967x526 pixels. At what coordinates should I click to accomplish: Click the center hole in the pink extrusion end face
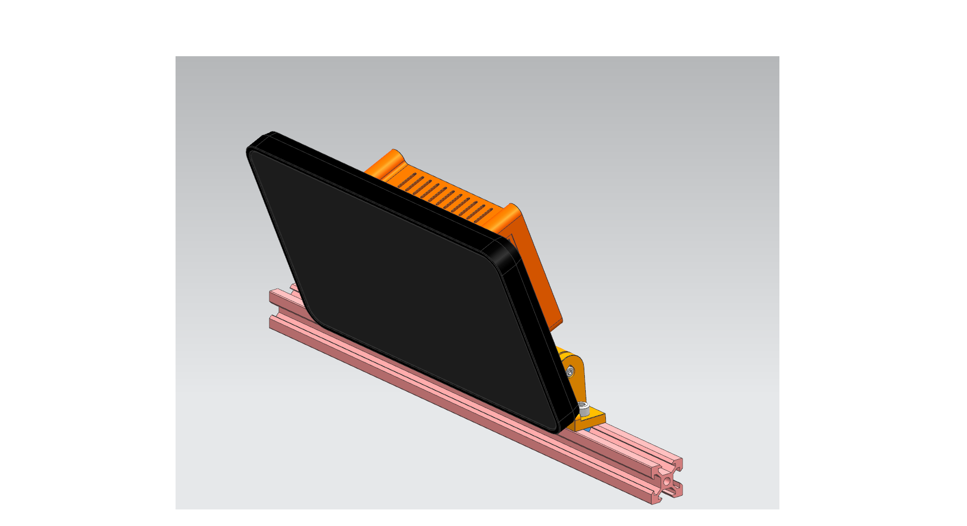667,481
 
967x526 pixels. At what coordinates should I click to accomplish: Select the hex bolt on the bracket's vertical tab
570,372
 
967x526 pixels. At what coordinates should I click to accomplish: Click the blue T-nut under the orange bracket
587,430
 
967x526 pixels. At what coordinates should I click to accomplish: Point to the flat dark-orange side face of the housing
542,281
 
